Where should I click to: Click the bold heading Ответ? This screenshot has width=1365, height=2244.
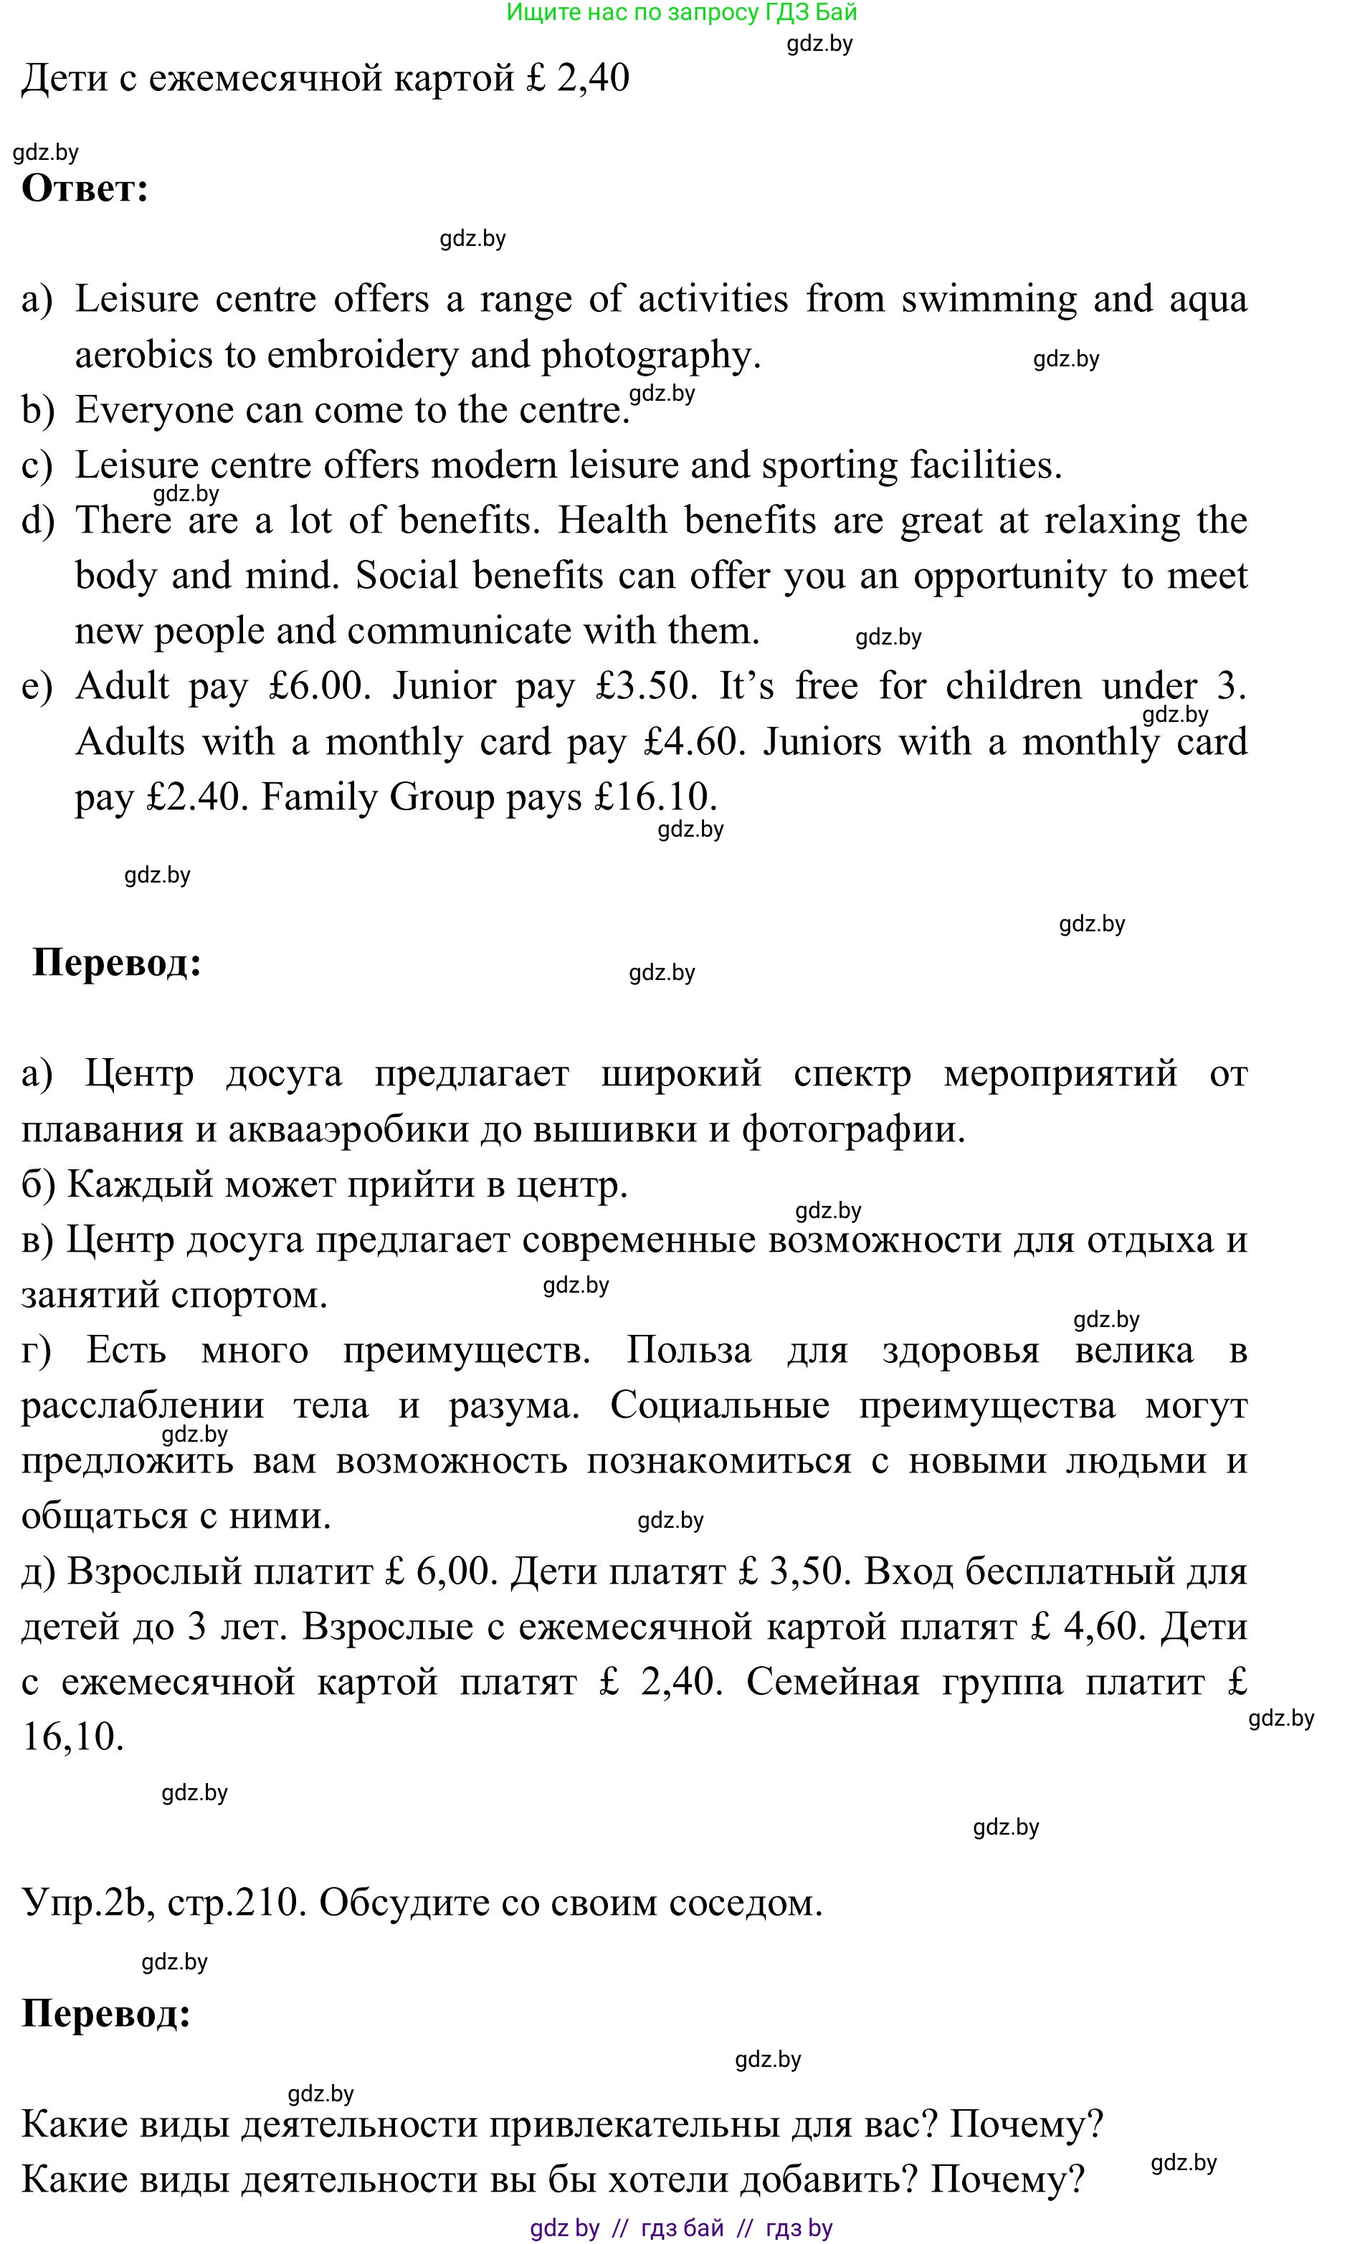click(x=85, y=189)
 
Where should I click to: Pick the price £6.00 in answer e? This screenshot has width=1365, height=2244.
click(x=319, y=686)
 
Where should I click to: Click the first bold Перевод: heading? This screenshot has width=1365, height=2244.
click(x=117, y=963)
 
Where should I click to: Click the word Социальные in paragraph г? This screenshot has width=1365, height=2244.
click(x=719, y=1405)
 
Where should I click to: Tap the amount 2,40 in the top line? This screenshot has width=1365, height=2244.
click(x=593, y=78)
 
